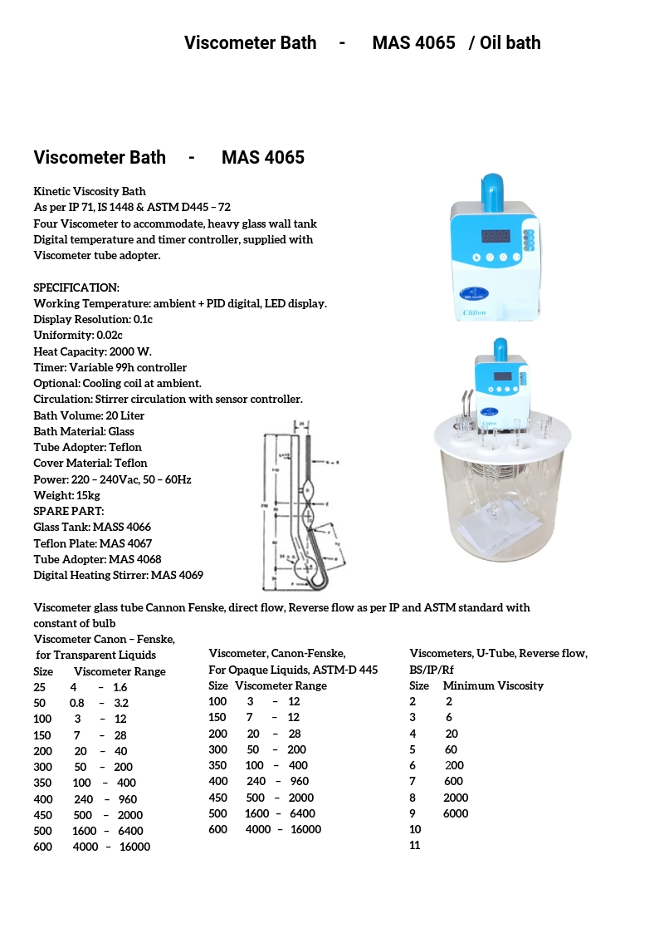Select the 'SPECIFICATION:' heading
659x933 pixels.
pyautogui.click(x=76, y=287)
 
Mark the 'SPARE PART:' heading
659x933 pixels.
pyautogui.click(x=69, y=511)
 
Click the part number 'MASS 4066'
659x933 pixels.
pyautogui.click(x=122, y=527)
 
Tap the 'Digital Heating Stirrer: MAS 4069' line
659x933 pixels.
pyautogui.click(x=119, y=575)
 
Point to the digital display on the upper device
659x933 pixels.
pyautogui.click(x=496, y=236)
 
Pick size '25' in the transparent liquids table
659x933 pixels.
pyautogui.click(x=40, y=687)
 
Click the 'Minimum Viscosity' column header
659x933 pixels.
pyautogui.click(x=493, y=685)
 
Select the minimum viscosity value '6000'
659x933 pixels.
pyautogui.click(x=456, y=813)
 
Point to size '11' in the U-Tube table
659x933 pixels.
pyautogui.click(x=415, y=845)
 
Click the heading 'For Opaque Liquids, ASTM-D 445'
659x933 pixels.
pyautogui.click(x=293, y=670)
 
